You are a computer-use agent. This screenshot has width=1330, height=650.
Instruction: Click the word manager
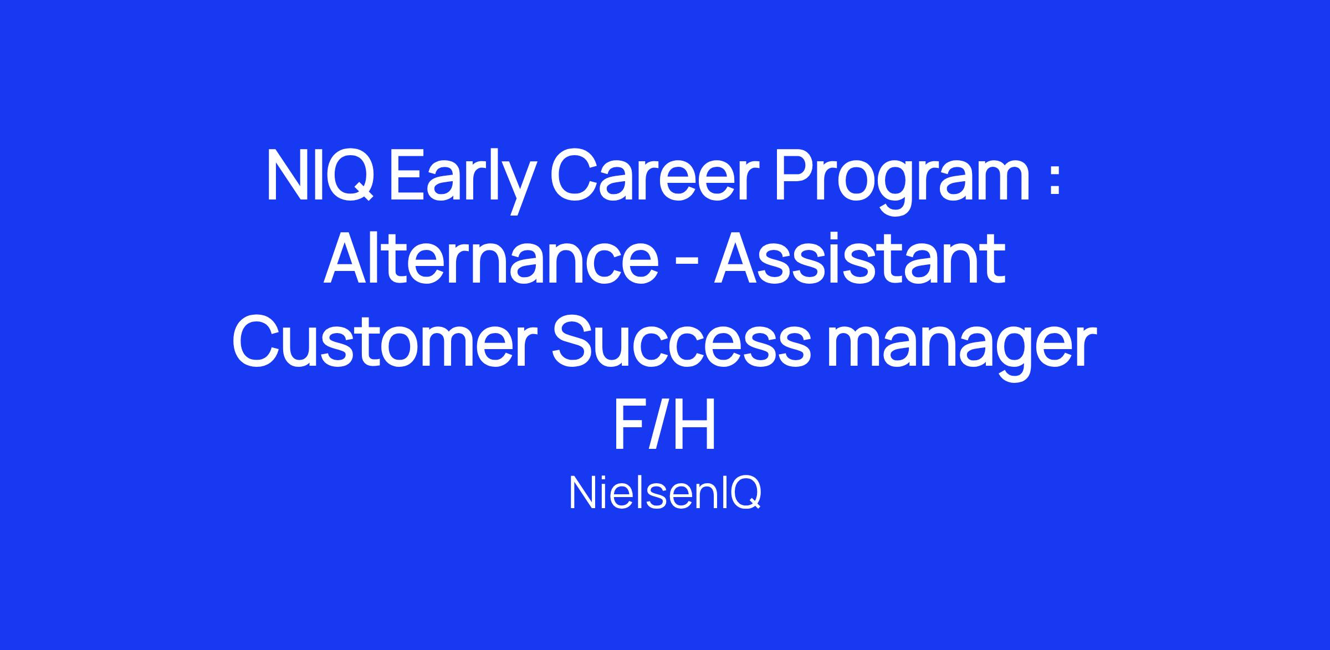click(962, 348)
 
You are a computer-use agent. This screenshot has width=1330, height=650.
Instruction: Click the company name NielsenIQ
click(664, 494)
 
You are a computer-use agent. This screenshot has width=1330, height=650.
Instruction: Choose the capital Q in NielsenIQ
click(746, 494)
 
